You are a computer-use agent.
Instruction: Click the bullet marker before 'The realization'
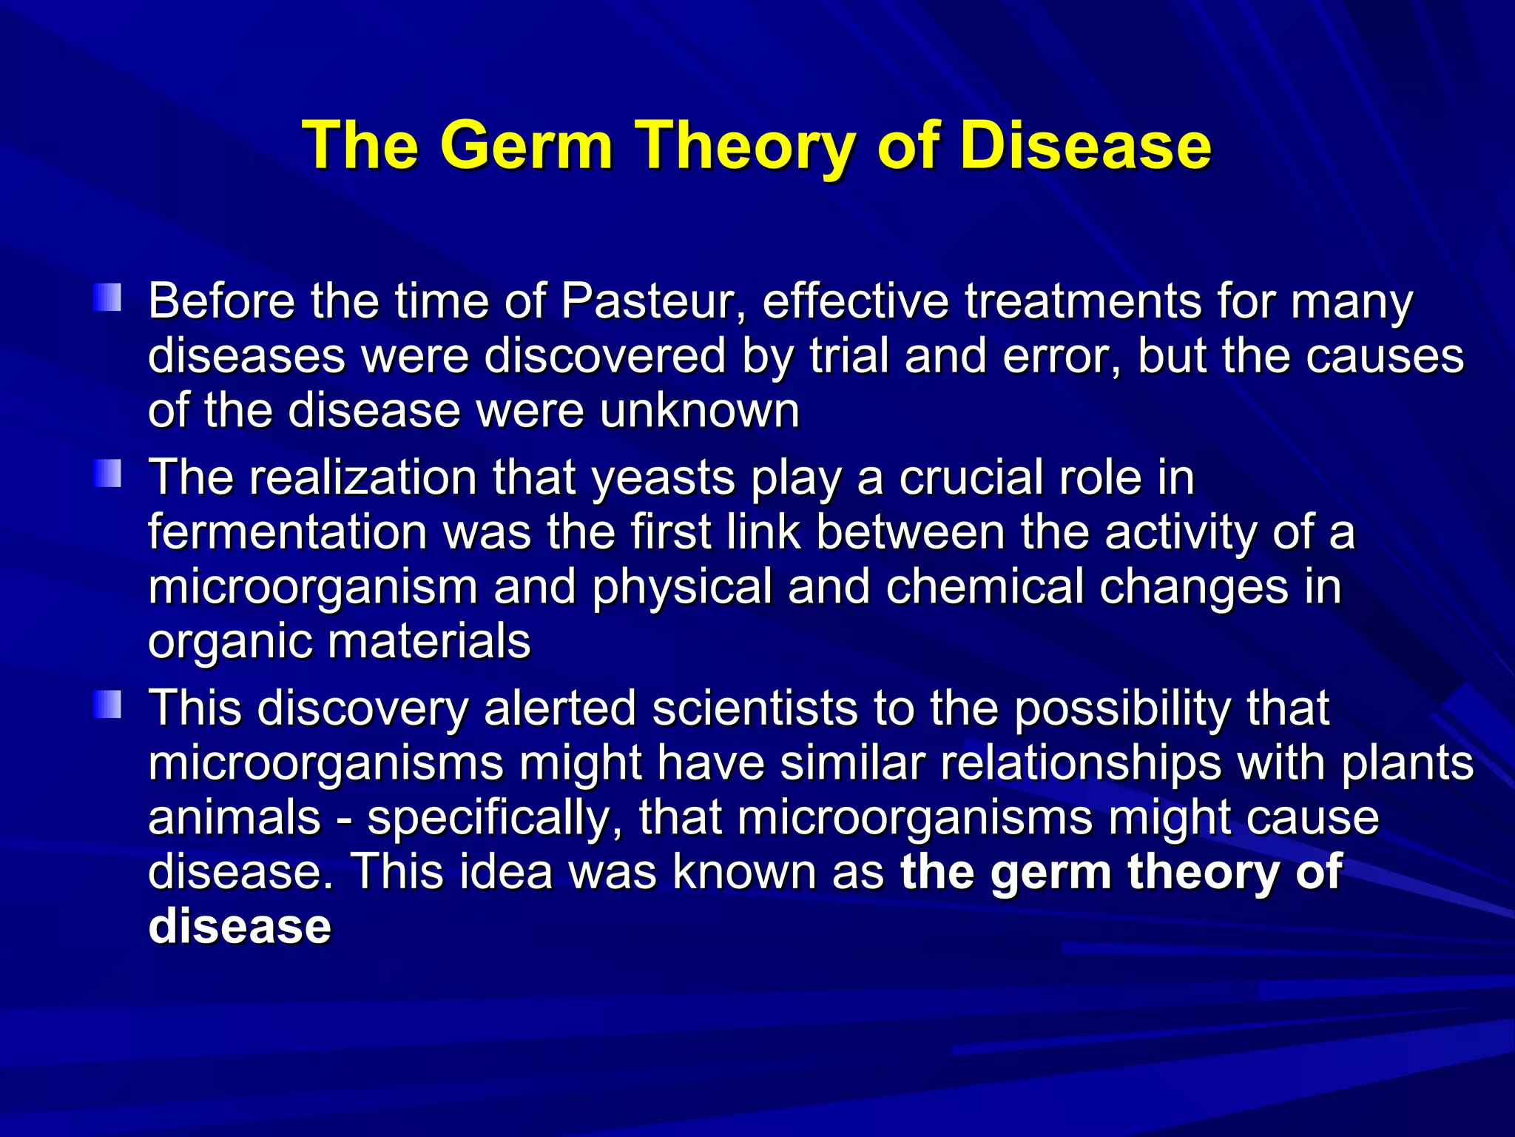[108, 474]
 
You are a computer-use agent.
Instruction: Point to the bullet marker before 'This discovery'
[108, 704]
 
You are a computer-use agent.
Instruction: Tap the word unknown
[700, 411]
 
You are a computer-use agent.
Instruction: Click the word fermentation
[287, 532]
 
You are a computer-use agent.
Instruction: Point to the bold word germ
[1050, 873]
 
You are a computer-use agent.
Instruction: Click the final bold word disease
[240, 927]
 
